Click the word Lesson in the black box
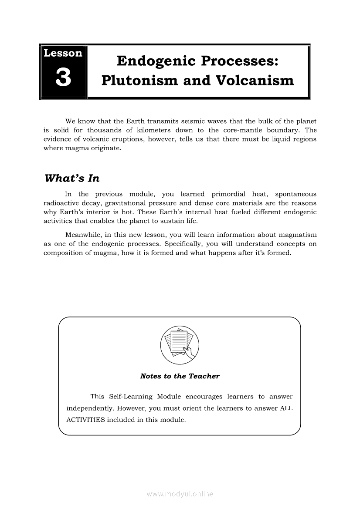(x=63, y=53)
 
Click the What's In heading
(x=72, y=179)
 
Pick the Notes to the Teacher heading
(x=180, y=376)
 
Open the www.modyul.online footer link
(x=180, y=494)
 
